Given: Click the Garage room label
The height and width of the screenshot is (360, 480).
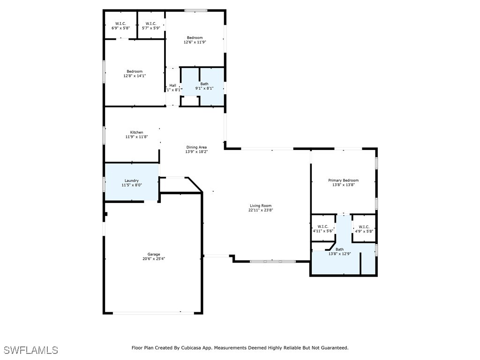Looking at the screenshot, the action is (x=154, y=255).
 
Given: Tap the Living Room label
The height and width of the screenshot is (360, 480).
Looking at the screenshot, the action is (x=261, y=206).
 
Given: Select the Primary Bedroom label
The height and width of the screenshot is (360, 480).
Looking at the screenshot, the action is (x=343, y=180).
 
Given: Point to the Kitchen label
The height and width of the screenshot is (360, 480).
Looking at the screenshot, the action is (x=136, y=132).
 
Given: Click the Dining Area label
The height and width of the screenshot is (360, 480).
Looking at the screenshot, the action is (x=196, y=147).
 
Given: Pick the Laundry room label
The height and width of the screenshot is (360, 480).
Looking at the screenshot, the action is (x=132, y=180).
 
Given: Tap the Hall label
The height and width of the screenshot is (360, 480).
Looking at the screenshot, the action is (x=172, y=85).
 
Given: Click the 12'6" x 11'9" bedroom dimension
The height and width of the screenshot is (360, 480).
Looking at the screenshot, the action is (x=195, y=42).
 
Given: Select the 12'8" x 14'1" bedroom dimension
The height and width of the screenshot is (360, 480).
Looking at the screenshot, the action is (x=135, y=76).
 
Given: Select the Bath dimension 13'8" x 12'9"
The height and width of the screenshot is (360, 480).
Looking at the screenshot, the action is (x=339, y=254).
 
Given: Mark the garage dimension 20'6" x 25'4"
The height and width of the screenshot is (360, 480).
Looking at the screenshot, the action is (x=154, y=259).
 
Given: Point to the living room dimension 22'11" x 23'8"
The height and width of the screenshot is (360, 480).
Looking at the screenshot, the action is (x=261, y=210).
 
